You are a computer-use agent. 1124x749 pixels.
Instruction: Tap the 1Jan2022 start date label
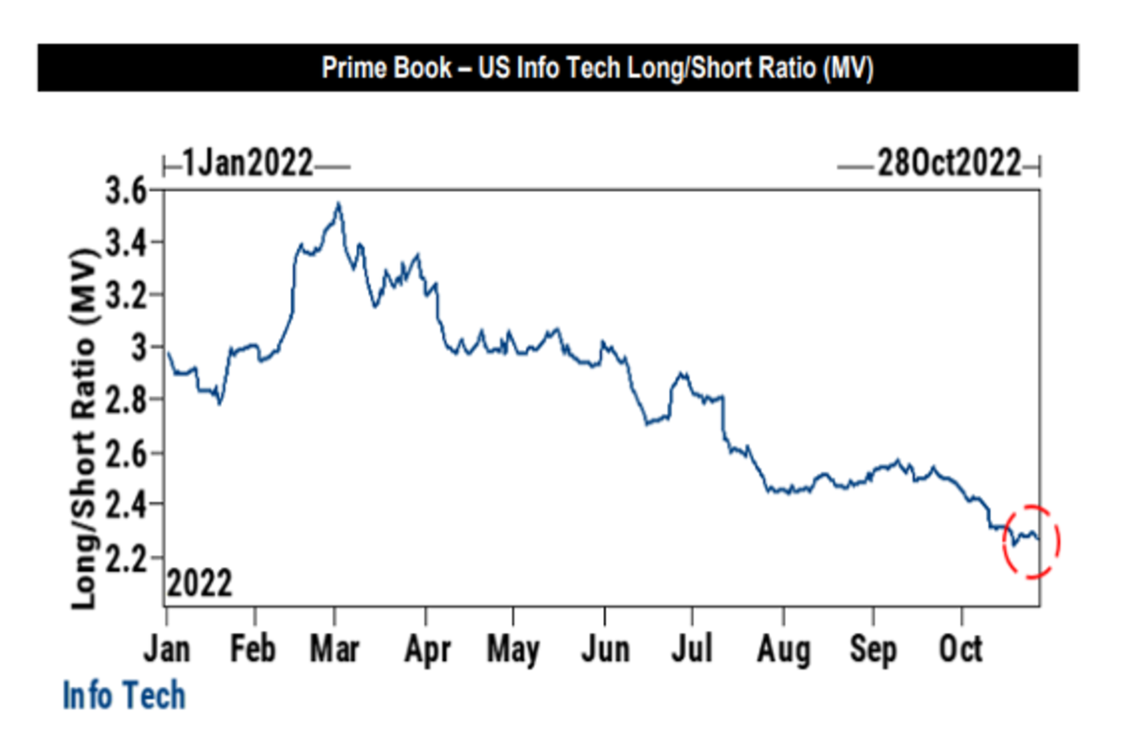(247, 165)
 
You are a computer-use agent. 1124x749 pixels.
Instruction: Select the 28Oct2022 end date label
(948, 165)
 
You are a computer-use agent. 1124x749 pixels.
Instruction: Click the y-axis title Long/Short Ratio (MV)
(86, 429)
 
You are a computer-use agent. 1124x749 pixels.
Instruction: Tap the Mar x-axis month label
(335, 649)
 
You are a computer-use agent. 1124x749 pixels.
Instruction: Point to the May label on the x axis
(513, 649)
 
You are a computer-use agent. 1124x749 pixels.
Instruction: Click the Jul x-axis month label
(691, 649)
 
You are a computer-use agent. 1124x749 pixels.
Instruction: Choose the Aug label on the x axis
(782, 649)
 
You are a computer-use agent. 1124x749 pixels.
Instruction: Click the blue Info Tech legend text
(124, 697)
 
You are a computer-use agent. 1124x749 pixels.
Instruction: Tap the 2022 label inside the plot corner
(200, 585)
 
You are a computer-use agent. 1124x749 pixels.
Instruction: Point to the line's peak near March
(338, 203)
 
